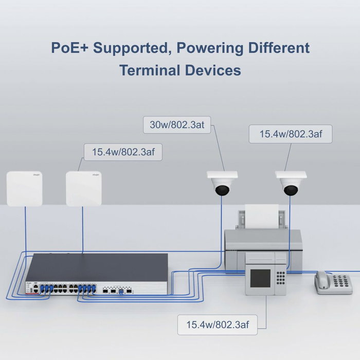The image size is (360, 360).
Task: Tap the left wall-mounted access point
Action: point(24,189)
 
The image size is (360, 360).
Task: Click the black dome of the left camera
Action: point(222,190)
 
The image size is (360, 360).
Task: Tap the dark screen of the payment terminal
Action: point(260,278)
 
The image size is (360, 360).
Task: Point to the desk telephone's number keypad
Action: point(341,282)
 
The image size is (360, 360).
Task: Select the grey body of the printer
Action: point(262,242)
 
